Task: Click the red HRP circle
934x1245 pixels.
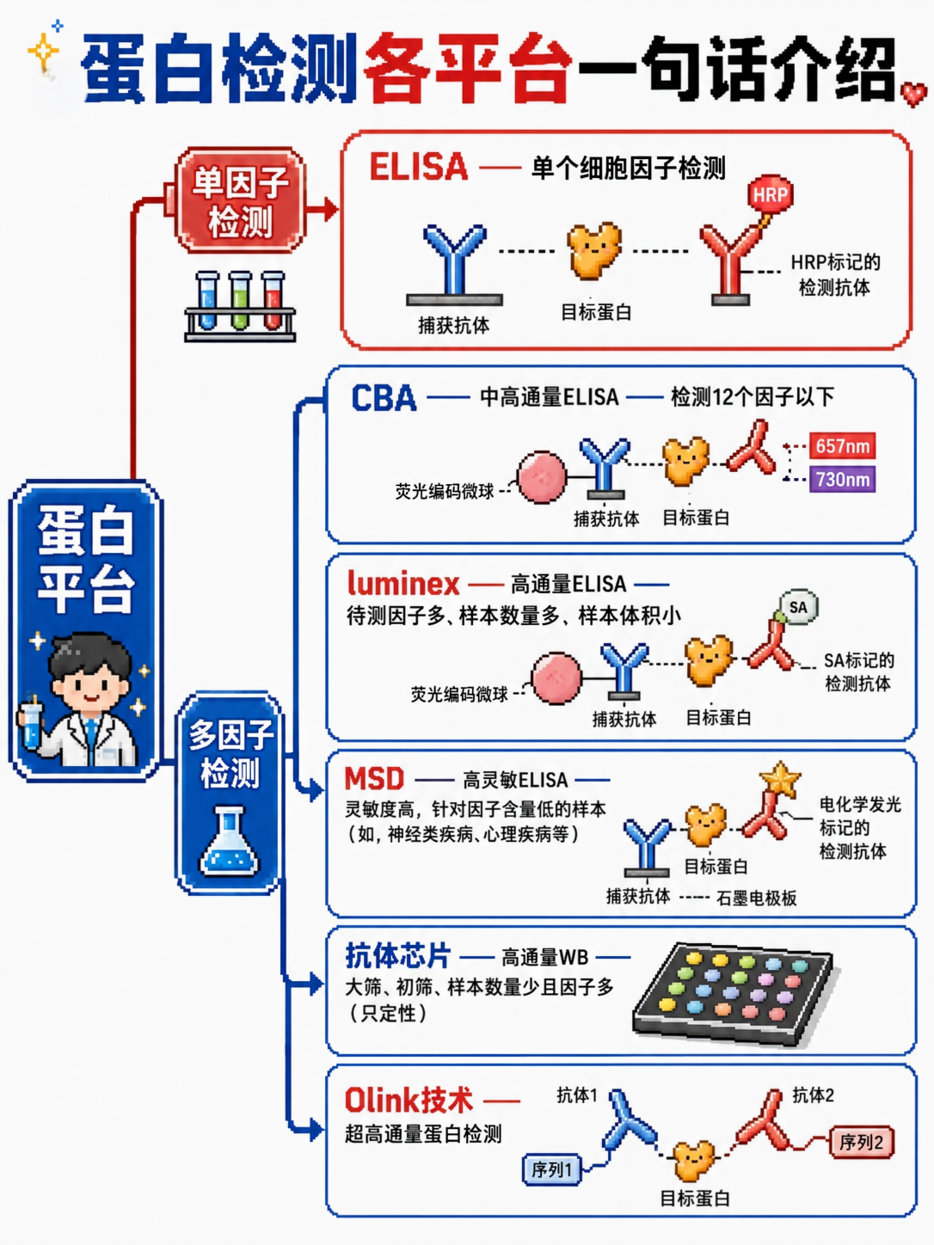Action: pos(770,194)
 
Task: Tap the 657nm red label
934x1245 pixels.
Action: pos(842,446)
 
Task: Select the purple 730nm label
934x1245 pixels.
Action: pos(842,479)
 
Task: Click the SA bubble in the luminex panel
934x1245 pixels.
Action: pos(798,607)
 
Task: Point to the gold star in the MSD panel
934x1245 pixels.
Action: pos(780,779)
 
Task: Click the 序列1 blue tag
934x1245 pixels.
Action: pos(552,1169)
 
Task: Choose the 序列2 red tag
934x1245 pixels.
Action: pos(862,1142)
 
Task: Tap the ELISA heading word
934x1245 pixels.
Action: pos(419,167)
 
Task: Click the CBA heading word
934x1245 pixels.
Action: pos(384,397)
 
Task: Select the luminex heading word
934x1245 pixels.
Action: pos(403,583)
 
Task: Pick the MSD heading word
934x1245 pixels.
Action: pos(374,779)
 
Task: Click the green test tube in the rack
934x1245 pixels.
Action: pos(240,301)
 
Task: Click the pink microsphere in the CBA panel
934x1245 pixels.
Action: pos(542,477)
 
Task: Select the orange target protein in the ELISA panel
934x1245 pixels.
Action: pos(593,250)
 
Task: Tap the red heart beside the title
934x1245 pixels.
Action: pos(913,95)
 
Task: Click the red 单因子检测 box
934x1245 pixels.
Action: pos(241,200)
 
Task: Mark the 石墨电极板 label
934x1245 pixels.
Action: pos(757,898)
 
